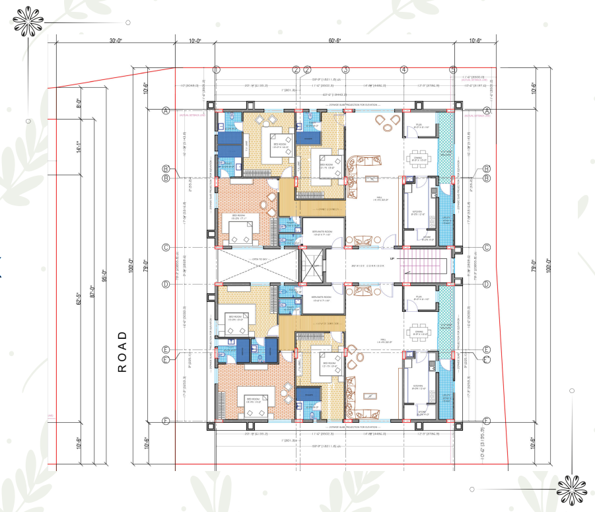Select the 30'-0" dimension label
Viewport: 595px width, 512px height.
click(x=116, y=41)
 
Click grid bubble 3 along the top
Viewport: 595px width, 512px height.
click(x=345, y=69)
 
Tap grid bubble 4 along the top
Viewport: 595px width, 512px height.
click(x=403, y=69)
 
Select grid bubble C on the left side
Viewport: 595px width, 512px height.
click(x=166, y=248)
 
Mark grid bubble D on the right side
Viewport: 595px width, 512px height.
click(x=486, y=285)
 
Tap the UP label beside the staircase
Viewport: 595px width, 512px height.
click(x=392, y=258)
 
